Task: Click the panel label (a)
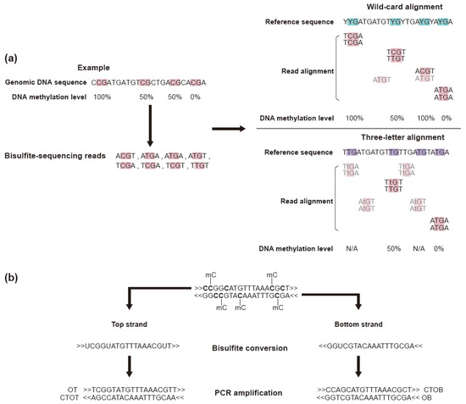(x=12, y=58)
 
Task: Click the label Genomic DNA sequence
(x=44, y=82)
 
